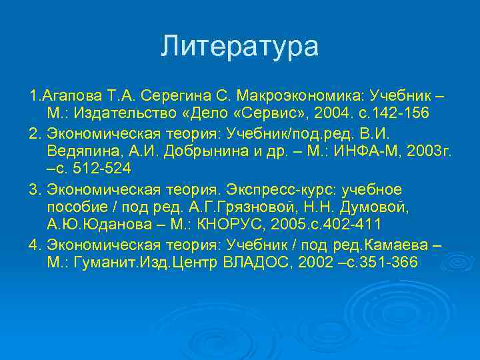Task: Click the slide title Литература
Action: (240, 47)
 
